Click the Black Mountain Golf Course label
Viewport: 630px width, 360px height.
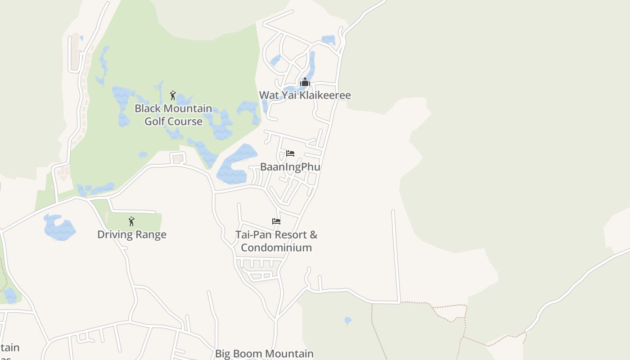pyautogui.click(x=173, y=115)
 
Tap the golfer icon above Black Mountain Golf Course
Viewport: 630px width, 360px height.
pyautogui.click(x=173, y=95)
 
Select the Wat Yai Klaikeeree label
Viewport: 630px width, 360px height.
pyautogui.click(x=305, y=95)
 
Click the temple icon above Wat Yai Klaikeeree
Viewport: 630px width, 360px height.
pyautogui.click(x=305, y=82)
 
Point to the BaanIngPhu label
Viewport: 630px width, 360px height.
pyautogui.click(x=290, y=167)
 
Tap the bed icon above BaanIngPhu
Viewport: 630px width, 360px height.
pyautogui.click(x=290, y=153)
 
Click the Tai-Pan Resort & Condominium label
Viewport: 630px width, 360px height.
pyautogui.click(x=276, y=241)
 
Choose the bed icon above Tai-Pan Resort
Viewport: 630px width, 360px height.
pyautogui.click(x=276, y=221)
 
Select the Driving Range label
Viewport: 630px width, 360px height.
pyautogui.click(x=132, y=234)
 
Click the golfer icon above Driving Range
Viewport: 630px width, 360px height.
pyautogui.click(x=131, y=221)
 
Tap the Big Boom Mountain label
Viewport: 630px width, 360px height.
pyautogui.click(x=264, y=354)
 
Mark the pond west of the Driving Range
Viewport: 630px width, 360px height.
pyautogui.click(x=59, y=228)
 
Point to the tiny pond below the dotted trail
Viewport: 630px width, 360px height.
pyautogui.click(x=348, y=320)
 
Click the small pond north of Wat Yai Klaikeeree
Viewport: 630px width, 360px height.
pyautogui.click(x=328, y=40)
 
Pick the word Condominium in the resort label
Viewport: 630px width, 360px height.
pyautogui.click(x=276, y=247)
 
